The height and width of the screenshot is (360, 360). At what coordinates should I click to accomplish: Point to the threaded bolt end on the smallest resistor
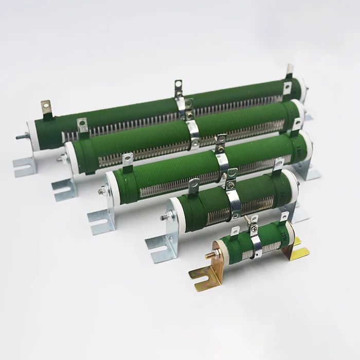pyautogui.click(x=211, y=255)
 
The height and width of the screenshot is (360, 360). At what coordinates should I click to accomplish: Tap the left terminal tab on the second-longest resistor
pyautogui.click(x=82, y=125)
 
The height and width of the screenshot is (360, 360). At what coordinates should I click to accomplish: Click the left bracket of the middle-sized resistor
pyautogui.click(x=100, y=219)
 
